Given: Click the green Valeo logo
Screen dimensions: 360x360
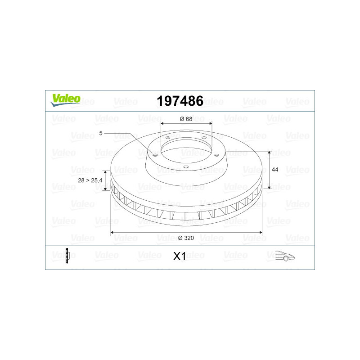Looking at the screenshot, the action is [x=65, y=100].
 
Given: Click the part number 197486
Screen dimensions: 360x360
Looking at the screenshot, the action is [x=180, y=101].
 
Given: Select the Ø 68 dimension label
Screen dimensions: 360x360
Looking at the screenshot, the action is [x=186, y=119].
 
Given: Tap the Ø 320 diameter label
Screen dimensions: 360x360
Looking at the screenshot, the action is [x=186, y=238].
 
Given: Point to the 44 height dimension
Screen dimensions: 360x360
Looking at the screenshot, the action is [x=275, y=170].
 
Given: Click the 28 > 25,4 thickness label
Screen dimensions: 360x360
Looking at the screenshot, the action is [x=90, y=180].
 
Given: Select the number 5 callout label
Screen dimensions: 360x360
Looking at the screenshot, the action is [x=101, y=133].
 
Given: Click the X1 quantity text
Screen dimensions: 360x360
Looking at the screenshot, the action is [x=179, y=256].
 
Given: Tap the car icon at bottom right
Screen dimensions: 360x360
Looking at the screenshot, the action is [x=285, y=256].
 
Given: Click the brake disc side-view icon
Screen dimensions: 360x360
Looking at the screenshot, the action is [x=67, y=256].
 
